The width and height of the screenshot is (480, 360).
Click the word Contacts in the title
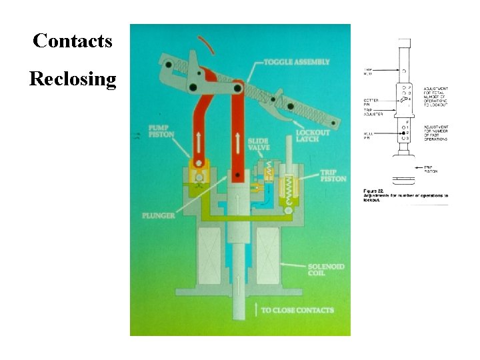73,41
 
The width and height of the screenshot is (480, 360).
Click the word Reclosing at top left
73,79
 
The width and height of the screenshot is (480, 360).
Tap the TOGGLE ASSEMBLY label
297,62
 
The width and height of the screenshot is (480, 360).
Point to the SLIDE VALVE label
258,144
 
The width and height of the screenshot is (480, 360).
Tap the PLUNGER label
159,215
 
